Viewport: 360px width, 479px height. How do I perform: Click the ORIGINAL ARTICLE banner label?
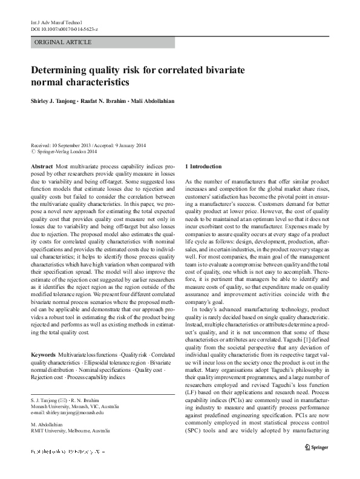64,42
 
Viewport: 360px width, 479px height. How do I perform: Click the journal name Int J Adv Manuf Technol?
53,21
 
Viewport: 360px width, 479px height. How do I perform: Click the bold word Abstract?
41,165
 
